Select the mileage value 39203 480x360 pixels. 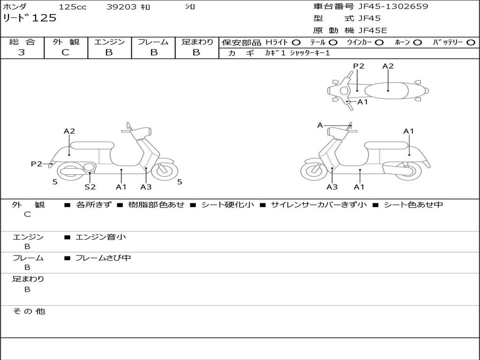click(121, 7)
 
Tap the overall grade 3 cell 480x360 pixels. click(22, 52)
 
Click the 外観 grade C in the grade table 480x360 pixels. click(65, 52)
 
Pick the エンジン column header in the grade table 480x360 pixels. click(109, 42)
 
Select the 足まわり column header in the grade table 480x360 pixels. click(197, 42)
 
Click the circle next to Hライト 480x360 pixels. click(296, 43)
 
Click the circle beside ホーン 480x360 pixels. click(417, 43)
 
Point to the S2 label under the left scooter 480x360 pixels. click(90, 187)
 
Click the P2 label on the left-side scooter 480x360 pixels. click(37, 164)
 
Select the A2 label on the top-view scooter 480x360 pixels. click(388, 66)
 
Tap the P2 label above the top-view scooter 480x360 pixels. click(359, 66)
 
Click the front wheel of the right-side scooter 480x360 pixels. click(314, 172)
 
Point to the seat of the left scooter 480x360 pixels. click(92, 145)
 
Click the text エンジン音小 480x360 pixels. click(100, 237)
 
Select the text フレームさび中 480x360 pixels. click(103, 258)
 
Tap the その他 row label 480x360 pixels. click(29, 311)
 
